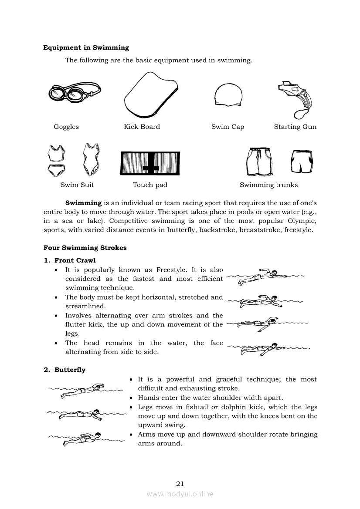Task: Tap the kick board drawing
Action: click(x=150, y=96)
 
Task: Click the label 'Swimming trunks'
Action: click(x=268, y=185)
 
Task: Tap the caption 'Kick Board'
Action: click(x=142, y=127)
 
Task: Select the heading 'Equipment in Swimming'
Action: click(x=86, y=48)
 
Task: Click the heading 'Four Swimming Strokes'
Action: click(x=85, y=248)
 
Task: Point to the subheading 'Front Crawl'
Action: click(x=75, y=261)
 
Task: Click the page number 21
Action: click(x=180, y=483)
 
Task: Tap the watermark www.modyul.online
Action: click(x=180, y=494)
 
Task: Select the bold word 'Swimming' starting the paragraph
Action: click(x=83, y=203)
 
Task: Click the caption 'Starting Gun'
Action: click(x=295, y=127)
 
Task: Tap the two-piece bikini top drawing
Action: click(x=57, y=153)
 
